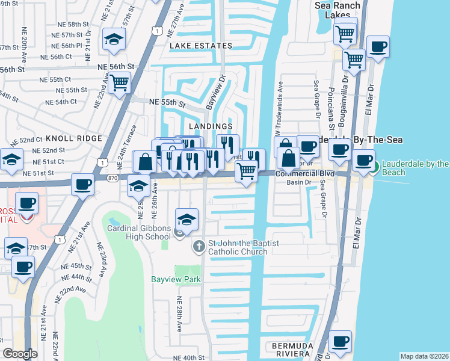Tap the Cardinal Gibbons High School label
tap(139, 232)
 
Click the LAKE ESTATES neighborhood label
tap(200, 46)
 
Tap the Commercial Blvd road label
tap(304, 173)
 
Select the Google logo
tap(20, 353)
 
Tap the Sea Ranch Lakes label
tap(338, 10)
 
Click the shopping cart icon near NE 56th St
tap(119, 82)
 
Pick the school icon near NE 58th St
tap(112, 39)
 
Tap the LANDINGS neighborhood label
tap(211, 126)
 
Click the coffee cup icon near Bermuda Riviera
tap(340, 341)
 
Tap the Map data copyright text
tap(424, 356)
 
